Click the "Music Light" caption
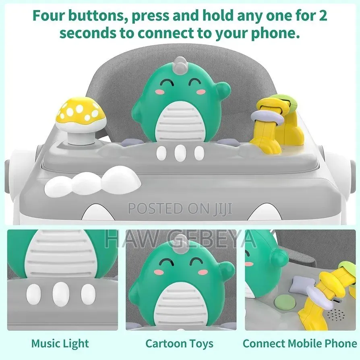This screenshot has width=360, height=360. tap(60, 344)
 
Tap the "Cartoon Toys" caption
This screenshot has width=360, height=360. tap(179, 343)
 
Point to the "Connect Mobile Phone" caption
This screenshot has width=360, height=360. tap(300, 344)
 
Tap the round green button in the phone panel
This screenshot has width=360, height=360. tap(284, 303)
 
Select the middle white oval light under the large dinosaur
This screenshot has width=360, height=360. tap(180, 153)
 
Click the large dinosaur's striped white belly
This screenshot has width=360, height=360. tap(180, 124)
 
